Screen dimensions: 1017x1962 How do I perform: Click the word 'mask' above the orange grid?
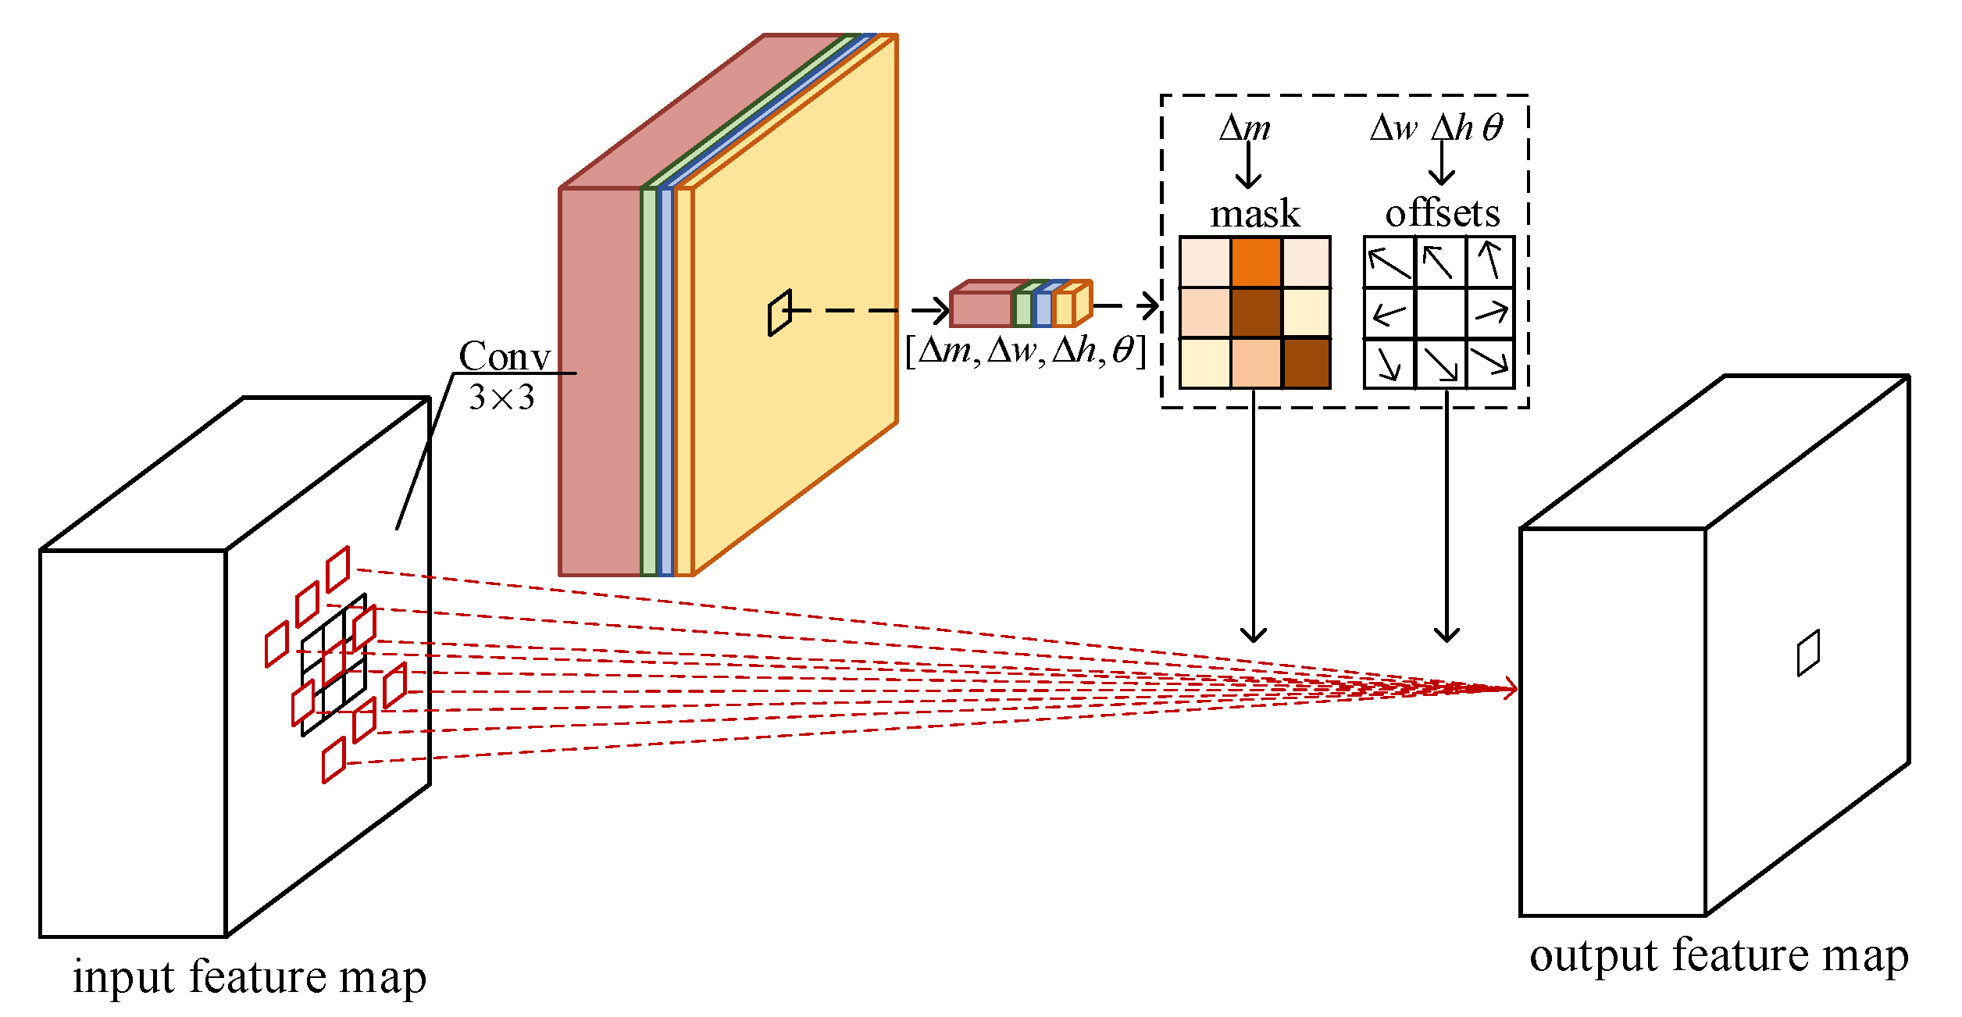click(x=1254, y=214)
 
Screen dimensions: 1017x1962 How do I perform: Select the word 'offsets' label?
click(x=1442, y=213)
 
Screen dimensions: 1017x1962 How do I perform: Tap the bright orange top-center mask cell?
click(x=1256, y=262)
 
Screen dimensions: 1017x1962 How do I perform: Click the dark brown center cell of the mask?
click(x=1256, y=312)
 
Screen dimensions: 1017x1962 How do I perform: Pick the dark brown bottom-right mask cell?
click(x=1306, y=363)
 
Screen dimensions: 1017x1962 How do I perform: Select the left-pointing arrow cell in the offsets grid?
click(x=1389, y=313)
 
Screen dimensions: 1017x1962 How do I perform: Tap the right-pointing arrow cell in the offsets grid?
click(x=1490, y=313)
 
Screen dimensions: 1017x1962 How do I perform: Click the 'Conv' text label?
click(x=505, y=356)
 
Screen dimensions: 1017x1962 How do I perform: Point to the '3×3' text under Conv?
click(x=501, y=398)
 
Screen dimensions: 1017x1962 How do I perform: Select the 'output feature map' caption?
click(x=1718, y=956)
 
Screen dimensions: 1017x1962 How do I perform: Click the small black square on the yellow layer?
click(x=779, y=312)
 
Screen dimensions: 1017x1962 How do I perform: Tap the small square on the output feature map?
click(x=1808, y=652)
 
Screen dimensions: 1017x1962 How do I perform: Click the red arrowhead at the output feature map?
click(x=1511, y=688)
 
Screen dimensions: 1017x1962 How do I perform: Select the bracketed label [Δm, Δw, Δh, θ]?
click(x=1025, y=351)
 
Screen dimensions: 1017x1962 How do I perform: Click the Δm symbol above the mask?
click(x=1245, y=127)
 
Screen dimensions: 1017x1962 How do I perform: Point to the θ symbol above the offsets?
click(x=1492, y=127)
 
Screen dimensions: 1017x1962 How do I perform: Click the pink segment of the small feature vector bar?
click(x=981, y=309)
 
